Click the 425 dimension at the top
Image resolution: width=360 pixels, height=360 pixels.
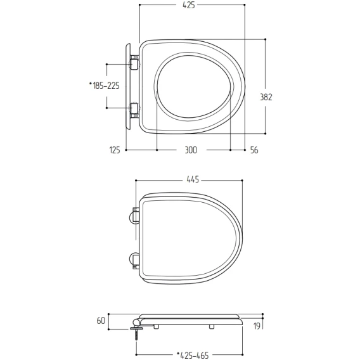pos(189,5)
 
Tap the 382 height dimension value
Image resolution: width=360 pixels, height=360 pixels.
pos(266,97)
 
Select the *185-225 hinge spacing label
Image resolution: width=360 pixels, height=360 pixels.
pos(105,86)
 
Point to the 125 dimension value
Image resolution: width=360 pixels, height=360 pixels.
pos(115,150)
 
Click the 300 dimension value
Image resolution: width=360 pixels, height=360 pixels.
pos(191,150)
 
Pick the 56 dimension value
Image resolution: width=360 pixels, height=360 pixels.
pos(254,150)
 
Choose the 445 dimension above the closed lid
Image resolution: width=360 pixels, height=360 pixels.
pos(193,179)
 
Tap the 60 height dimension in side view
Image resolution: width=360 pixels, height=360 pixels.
pos(101,321)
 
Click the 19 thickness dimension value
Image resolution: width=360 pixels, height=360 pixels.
pos(257,326)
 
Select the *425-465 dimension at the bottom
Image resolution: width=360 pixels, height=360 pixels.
pos(193,356)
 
